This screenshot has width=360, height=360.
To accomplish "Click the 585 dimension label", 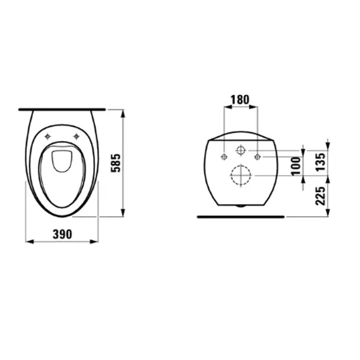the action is coord(116,163).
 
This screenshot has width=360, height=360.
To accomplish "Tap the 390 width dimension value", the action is coord(62,235).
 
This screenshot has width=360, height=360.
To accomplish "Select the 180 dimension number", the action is coord(240,100).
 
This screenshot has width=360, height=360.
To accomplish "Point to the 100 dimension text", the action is coord(296,166).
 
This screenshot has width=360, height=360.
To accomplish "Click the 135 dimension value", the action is coord(321,161).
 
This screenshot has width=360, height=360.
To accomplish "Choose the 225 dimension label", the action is coord(321,196).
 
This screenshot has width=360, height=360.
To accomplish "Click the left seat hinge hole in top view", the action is coord(47,137).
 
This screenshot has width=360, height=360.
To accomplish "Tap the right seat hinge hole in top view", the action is coord(76,137).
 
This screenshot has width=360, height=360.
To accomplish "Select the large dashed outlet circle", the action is coord(241,175).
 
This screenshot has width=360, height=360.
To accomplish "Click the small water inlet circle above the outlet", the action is coord(241,150).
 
